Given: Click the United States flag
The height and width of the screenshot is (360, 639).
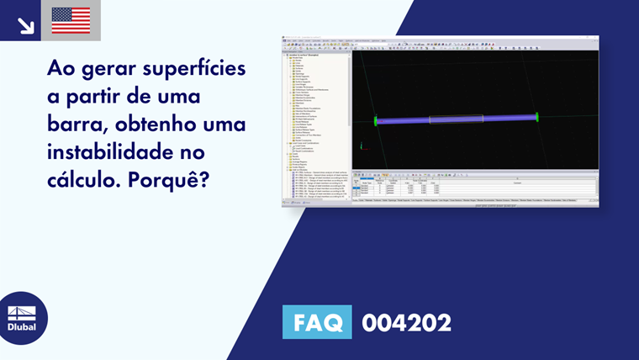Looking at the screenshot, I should (x=71, y=20).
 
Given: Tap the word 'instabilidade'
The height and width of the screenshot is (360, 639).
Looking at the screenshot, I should (x=114, y=154).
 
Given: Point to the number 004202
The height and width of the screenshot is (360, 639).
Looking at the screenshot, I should (x=406, y=322).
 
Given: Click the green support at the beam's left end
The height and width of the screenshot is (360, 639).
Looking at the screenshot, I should (x=376, y=121).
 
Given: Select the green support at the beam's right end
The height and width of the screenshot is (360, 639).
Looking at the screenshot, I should (x=536, y=117).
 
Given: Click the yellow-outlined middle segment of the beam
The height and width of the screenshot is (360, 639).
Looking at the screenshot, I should (x=456, y=119).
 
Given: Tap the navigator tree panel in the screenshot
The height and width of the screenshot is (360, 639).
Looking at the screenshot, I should (x=316, y=118).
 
